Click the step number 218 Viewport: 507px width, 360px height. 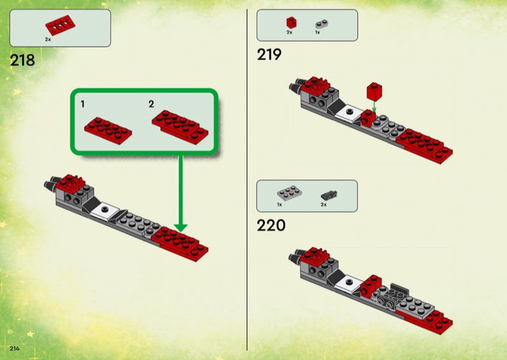22,60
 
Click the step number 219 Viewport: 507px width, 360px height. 269,55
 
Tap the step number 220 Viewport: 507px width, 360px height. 271,225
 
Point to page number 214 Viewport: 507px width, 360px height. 15,349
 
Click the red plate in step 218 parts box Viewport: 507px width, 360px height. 60,25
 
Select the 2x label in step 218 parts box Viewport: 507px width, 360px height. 48,39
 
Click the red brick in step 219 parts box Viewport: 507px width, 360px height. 292,23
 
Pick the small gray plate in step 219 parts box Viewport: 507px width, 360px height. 322,24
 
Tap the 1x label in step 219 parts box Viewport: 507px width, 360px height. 318,32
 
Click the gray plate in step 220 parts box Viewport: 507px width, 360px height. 290,193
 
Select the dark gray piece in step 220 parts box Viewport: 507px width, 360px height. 329,195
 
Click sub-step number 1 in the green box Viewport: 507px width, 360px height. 83,104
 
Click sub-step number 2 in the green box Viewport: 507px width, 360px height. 151,104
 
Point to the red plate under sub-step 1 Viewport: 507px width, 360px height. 108,131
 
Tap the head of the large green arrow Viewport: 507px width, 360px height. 181,228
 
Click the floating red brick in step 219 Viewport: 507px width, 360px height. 375,91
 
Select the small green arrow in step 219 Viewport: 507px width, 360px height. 374,106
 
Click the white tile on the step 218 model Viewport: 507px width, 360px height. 105,210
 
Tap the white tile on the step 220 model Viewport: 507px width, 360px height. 349,283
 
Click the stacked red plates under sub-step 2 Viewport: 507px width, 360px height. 180,127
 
